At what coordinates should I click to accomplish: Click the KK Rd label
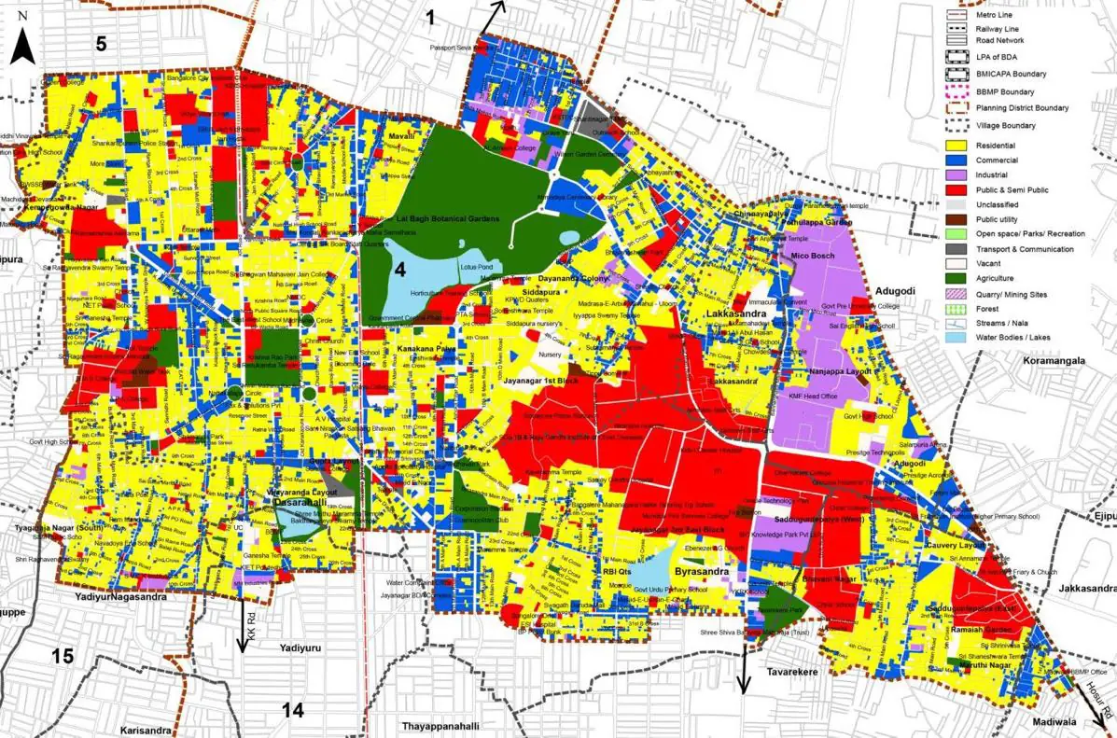(251, 617)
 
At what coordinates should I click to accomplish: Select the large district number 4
(398, 271)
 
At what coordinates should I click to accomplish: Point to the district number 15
(62, 656)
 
